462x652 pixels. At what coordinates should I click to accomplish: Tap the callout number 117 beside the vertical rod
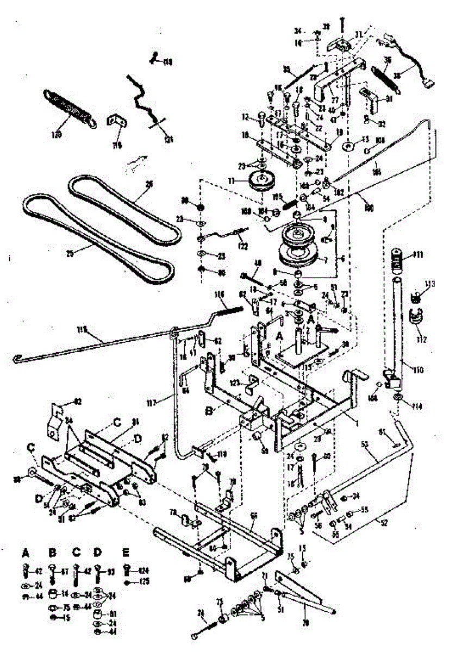coord(151,403)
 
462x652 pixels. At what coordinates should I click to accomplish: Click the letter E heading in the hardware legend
coord(126,553)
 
